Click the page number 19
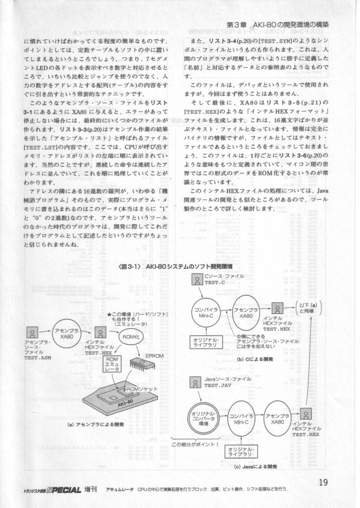(323, 483)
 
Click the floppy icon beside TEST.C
(197, 279)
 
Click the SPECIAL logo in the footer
(61, 489)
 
